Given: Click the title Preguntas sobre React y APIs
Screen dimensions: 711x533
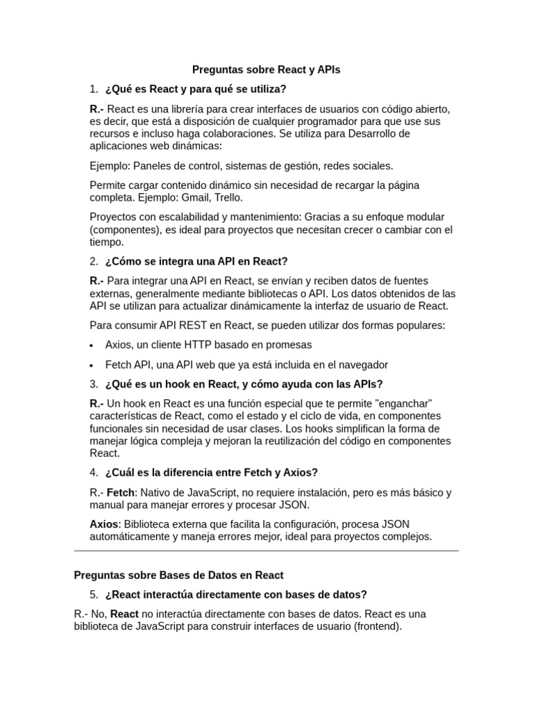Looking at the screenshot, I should pos(266,70).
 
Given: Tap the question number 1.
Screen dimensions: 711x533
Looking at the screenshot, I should pos(93,90).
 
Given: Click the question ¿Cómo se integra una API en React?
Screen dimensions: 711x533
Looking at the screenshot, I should pos(196,262).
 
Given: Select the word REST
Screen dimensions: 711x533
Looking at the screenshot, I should pos(188,326).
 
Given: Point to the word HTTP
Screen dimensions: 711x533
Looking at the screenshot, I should pos(196,345).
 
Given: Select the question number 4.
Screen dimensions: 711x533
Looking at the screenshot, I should pos(93,473).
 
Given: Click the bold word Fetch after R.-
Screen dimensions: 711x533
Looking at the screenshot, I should pos(120,493).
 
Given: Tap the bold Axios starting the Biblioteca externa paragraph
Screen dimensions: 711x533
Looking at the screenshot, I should pos(104,524).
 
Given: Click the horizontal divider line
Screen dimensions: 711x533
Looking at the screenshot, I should pos(266,551).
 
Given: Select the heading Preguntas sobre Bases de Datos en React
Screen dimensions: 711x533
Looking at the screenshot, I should pos(178,576).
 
